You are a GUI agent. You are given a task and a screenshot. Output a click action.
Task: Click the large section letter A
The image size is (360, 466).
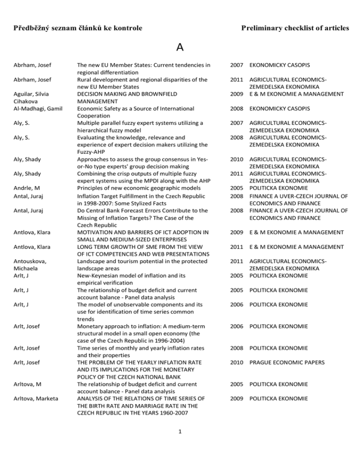point(180,47)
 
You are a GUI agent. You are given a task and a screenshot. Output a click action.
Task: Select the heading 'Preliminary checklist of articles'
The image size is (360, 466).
point(295,29)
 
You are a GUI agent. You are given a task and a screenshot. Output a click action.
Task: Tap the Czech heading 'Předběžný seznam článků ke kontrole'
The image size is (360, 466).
point(76,29)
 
